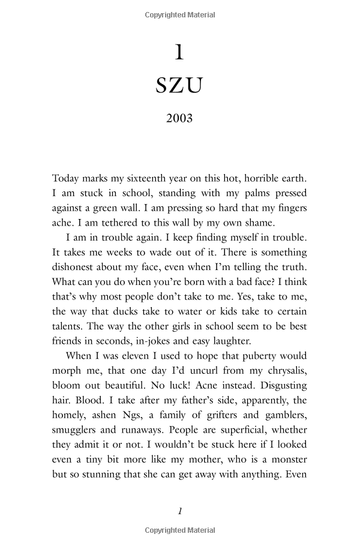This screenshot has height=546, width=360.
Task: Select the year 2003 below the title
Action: click(179, 118)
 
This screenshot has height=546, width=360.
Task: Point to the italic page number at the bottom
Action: click(180, 511)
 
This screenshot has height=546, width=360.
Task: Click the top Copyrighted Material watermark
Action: click(180, 14)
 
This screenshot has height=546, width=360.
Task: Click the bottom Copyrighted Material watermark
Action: click(180, 530)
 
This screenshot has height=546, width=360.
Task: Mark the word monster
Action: click(286, 460)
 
